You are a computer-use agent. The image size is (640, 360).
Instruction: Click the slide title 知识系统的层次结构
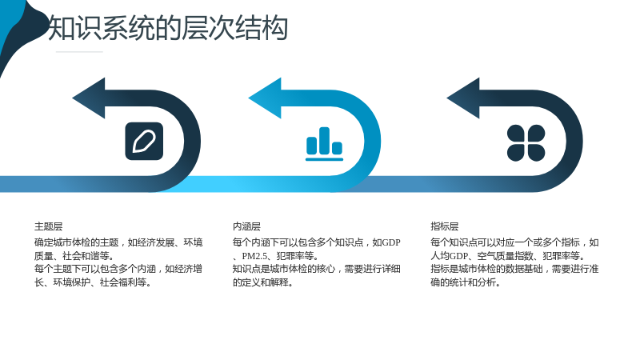pyautogui.click(x=168, y=28)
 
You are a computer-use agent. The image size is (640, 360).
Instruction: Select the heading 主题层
pyautogui.click(x=49, y=226)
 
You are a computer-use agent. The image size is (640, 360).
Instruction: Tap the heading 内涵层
pyautogui.click(x=246, y=226)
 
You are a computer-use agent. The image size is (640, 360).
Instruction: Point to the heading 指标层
pyautogui.click(x=445, y=226)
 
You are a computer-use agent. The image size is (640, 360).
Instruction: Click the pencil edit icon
pyautogui.click(x=144, y=142)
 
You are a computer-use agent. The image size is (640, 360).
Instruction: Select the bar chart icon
pyautogui.click(x=325, y=144)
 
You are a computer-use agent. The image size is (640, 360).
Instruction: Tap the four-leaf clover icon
pyautogui.click(x=526, y=143)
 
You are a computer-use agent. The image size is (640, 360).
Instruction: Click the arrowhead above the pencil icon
pyautogui.click(x=89, y=98)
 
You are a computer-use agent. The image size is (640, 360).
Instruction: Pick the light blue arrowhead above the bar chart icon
pyautogui.click(x=265, y=98)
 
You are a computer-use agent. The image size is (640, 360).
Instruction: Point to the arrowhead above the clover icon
pyautogui.click(x=463, y=98)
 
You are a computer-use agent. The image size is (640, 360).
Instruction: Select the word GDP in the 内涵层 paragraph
pyautogui.click(x=391, y=242)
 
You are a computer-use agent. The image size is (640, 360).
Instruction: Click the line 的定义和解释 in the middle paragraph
pyautogui.click(x=261, y=282)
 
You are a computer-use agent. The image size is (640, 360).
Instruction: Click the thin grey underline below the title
pyautogui.click(x=79, y=52)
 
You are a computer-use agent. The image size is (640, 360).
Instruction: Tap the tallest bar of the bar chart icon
pyautogui.click(x=325, y=141)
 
